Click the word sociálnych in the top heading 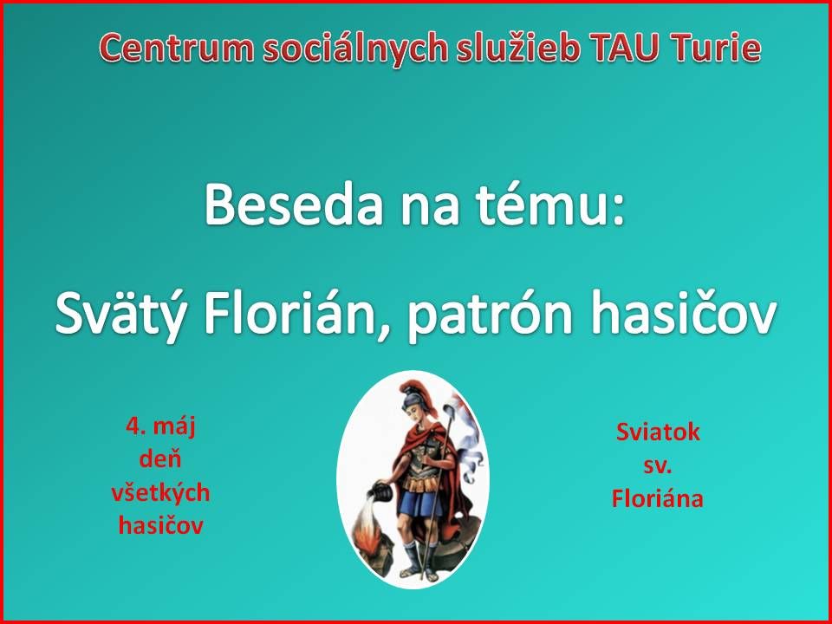[348, 49]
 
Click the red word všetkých [160, 493]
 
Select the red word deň [160, 459]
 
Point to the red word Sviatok [658, 432]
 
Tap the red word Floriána [658, 498]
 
